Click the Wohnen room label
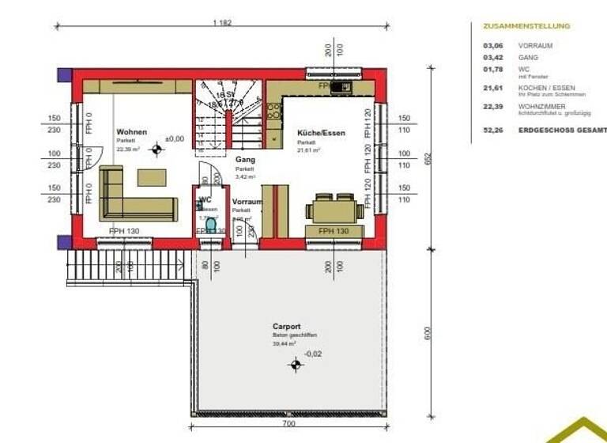pos(131,132)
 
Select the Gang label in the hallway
pos(245,159)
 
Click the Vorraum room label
pos(247,202)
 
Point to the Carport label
pos(286,326)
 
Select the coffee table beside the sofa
pos(153,176)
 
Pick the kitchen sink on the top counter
pos(341,86)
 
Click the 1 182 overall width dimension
pos(222,24)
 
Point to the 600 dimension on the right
pos(428,333)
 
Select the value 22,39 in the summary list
pos(492,106)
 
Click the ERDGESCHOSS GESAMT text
pos(562,129)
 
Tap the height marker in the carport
pos(296,364)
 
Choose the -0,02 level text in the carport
pos(315,353)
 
